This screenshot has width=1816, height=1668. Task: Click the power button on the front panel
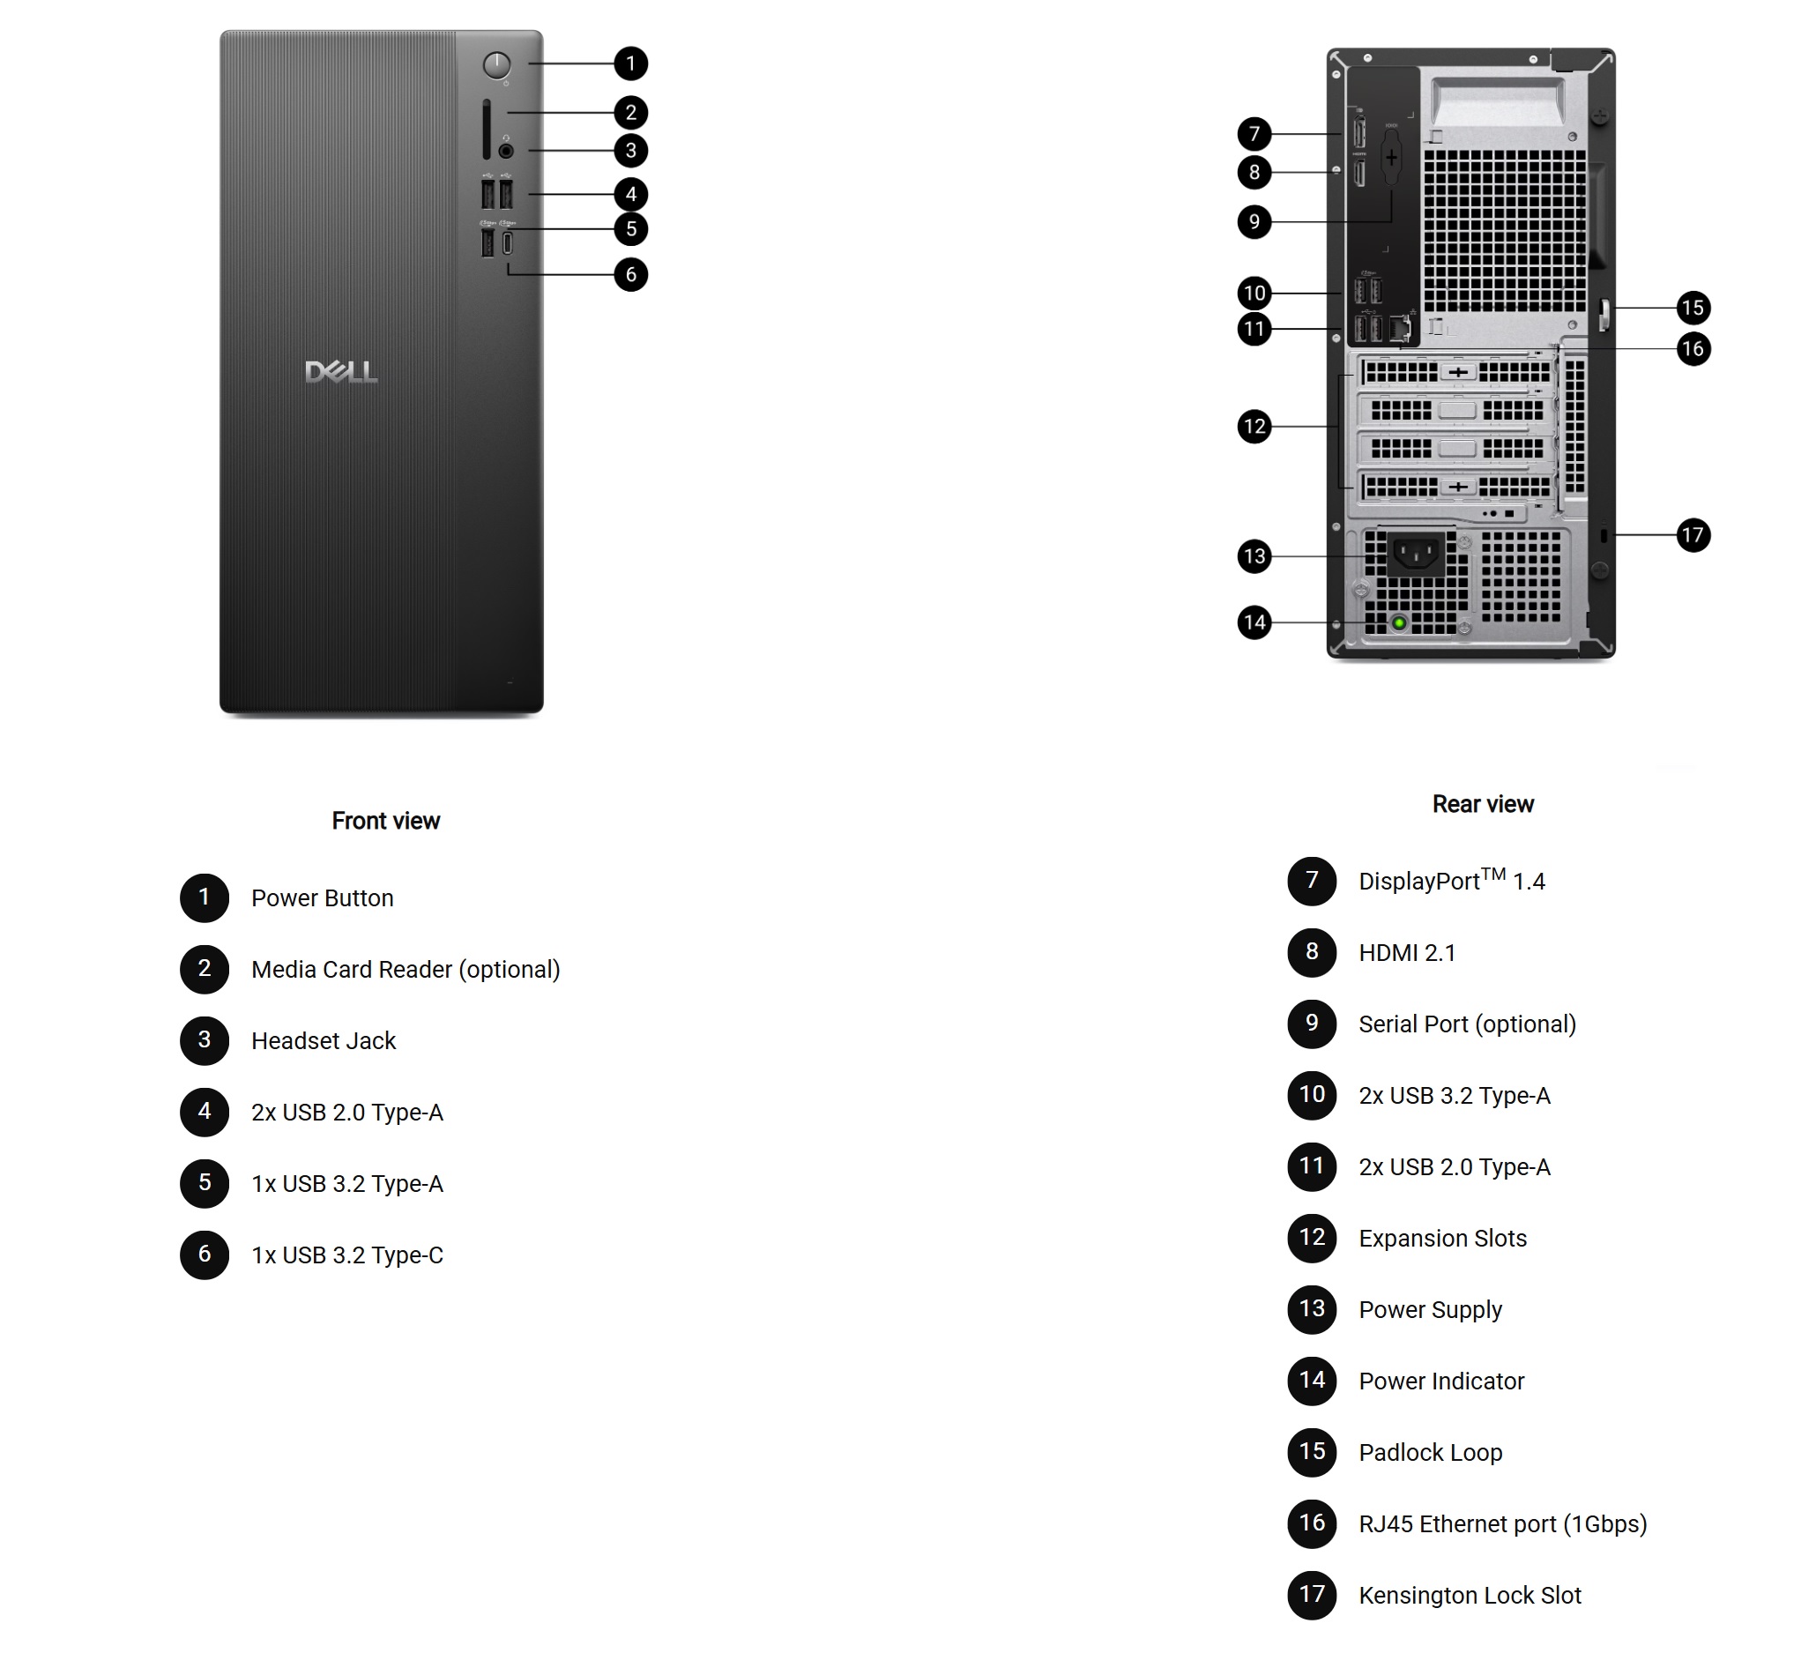[496, 65]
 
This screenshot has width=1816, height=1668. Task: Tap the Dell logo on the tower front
[341, 372]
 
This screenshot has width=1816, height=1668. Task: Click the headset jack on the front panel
[505, 151]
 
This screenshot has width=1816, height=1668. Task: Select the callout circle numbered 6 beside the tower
[631, 274]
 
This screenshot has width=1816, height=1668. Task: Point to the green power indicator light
[1399, 622]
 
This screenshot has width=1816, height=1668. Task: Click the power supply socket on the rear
[1416, 554]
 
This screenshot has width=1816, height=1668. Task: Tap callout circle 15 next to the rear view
[1693, 308]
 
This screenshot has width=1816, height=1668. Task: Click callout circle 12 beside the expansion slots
[1254, 426]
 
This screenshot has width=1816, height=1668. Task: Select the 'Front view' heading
[385, 821]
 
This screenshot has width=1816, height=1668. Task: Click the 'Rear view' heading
[1483, 804]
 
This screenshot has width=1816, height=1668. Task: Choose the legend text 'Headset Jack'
[324, 1040]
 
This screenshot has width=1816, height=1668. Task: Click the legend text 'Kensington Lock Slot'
[1470, 1595]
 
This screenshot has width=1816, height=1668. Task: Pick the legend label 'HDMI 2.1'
[1407, 952]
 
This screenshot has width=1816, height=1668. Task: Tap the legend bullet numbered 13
[1312, 1309]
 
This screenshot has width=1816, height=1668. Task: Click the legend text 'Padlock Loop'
[1431, 1452]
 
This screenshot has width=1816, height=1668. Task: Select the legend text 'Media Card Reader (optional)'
[406, 970]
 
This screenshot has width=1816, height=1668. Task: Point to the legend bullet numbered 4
[205, 1111]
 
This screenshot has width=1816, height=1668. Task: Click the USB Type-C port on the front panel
[507, 242]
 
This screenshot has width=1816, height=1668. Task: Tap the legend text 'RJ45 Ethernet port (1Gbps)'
[1503, 1523]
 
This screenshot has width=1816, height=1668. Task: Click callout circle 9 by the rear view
[1254, 222]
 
